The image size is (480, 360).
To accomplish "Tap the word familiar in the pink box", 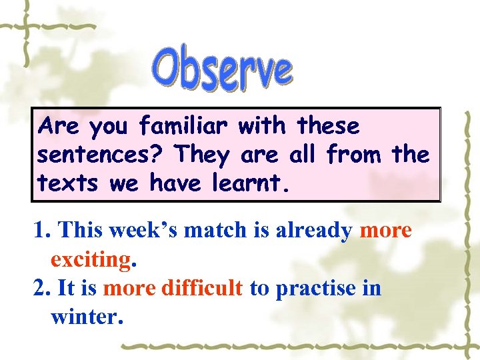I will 185,126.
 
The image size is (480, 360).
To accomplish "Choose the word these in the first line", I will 328,125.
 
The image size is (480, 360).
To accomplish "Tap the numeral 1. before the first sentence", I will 43,231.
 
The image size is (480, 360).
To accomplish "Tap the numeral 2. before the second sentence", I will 43,289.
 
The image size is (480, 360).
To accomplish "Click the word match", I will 214,231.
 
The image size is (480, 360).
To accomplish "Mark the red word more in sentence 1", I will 385,231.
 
